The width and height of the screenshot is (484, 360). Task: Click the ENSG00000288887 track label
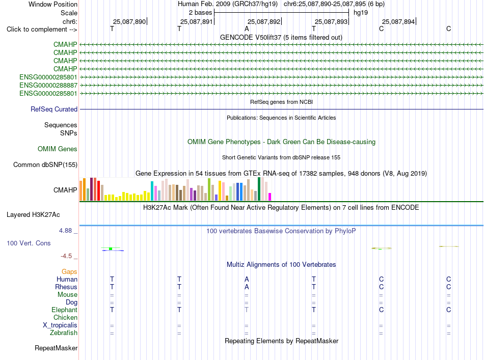tap(48, 85)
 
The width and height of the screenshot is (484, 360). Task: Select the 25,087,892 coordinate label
tap(264, 21)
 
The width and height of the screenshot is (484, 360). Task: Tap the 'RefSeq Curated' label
tap(54, 109)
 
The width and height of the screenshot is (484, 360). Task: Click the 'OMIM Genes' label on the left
tap(58, 149)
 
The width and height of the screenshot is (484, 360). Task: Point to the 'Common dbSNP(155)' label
tap(45, 165)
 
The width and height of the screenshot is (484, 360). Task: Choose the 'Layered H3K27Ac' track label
tap(33, 215)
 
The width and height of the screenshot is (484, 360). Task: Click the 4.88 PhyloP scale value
tap(65, 231)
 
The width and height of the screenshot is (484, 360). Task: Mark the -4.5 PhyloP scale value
tap(66, 256)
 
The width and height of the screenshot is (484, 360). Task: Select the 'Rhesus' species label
tap(66, 287)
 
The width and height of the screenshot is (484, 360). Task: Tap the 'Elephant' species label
tap(64, 310)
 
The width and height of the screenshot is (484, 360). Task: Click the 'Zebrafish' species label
tap(64, 333)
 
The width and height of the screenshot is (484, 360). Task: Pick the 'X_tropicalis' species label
tap(60, 325)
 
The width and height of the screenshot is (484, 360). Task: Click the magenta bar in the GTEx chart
tap(270, 197)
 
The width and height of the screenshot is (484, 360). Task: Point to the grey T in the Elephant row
tap(246, 310)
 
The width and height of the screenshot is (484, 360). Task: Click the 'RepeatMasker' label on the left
tap(56, 348)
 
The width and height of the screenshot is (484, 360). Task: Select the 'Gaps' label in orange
tap(69, 271)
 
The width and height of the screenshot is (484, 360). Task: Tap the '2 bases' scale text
tap(201, 13)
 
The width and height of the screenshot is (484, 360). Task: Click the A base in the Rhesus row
tap(247, 287)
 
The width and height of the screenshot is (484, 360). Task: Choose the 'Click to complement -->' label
tap(42, 30)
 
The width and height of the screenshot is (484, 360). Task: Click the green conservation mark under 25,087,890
tap(111, 248)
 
